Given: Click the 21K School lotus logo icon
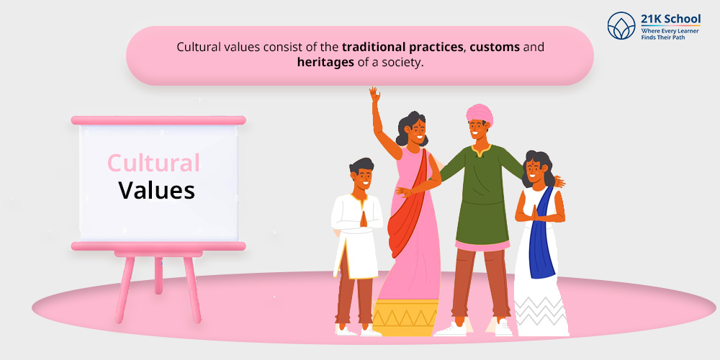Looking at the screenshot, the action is [x=621, y=26].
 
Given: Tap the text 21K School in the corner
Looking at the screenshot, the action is [x=671, y=19].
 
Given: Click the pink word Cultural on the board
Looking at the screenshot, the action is [x=153, y=163].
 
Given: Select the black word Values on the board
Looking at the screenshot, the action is [x=156, y=189].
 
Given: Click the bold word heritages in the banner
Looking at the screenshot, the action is [x=325, y=62].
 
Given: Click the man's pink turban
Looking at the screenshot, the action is [x=480, y=114].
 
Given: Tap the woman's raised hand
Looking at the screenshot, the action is [x=375, y=94].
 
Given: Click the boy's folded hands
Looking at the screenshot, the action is [x=363, y=219].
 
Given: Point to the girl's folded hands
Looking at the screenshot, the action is [x=534, y=213].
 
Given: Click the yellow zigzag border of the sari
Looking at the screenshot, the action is [x=405, y=318].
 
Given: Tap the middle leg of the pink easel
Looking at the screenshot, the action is [x=158, y=276].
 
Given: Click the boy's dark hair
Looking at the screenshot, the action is [x=361, y=165].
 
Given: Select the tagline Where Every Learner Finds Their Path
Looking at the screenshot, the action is [x=670, y=34].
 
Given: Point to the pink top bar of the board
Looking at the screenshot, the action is [x=158, y=120].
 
